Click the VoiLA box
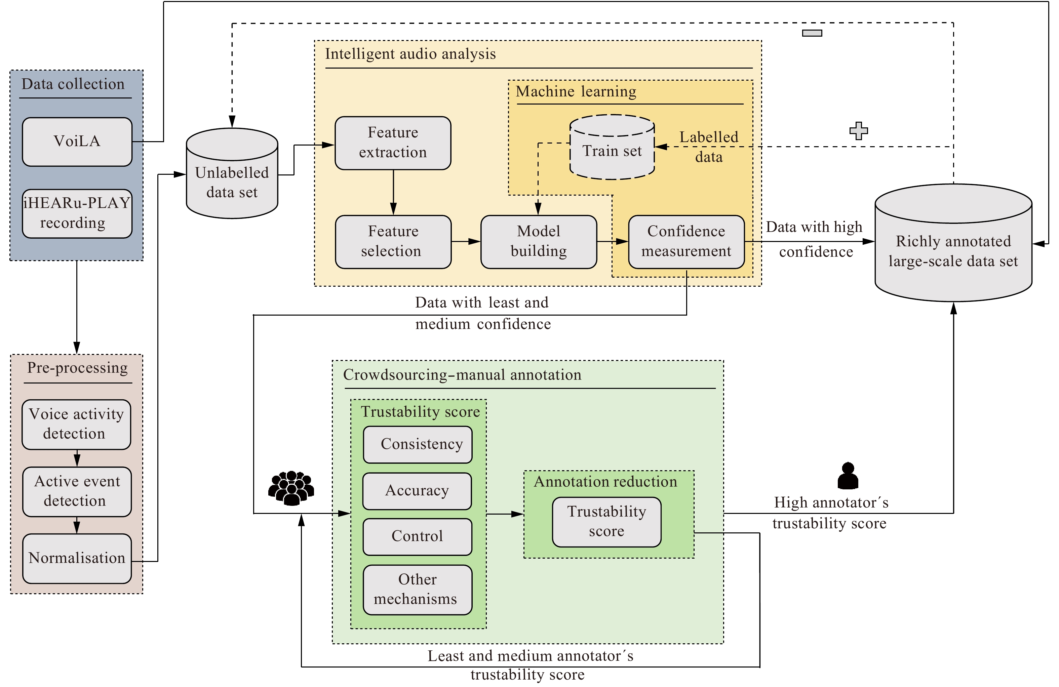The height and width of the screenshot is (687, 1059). point(77,142)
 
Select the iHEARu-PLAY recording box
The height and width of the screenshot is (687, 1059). point(77,213)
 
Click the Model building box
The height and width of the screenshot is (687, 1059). point(538,242)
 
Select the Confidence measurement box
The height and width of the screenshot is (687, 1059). point(686,242)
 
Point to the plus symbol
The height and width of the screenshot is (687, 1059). point(858,131)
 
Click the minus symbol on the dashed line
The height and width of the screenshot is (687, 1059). point(812,33)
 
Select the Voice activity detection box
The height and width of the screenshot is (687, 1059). point(76,424)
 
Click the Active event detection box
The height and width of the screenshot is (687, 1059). point(77,491)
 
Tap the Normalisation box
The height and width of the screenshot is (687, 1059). point(77,558)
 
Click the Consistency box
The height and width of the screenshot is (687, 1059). point(417,444)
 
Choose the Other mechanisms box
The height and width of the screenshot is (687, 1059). point(417,589)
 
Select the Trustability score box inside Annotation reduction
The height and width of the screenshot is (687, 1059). point(606,522)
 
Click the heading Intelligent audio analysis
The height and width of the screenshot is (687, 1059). point(410,54)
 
